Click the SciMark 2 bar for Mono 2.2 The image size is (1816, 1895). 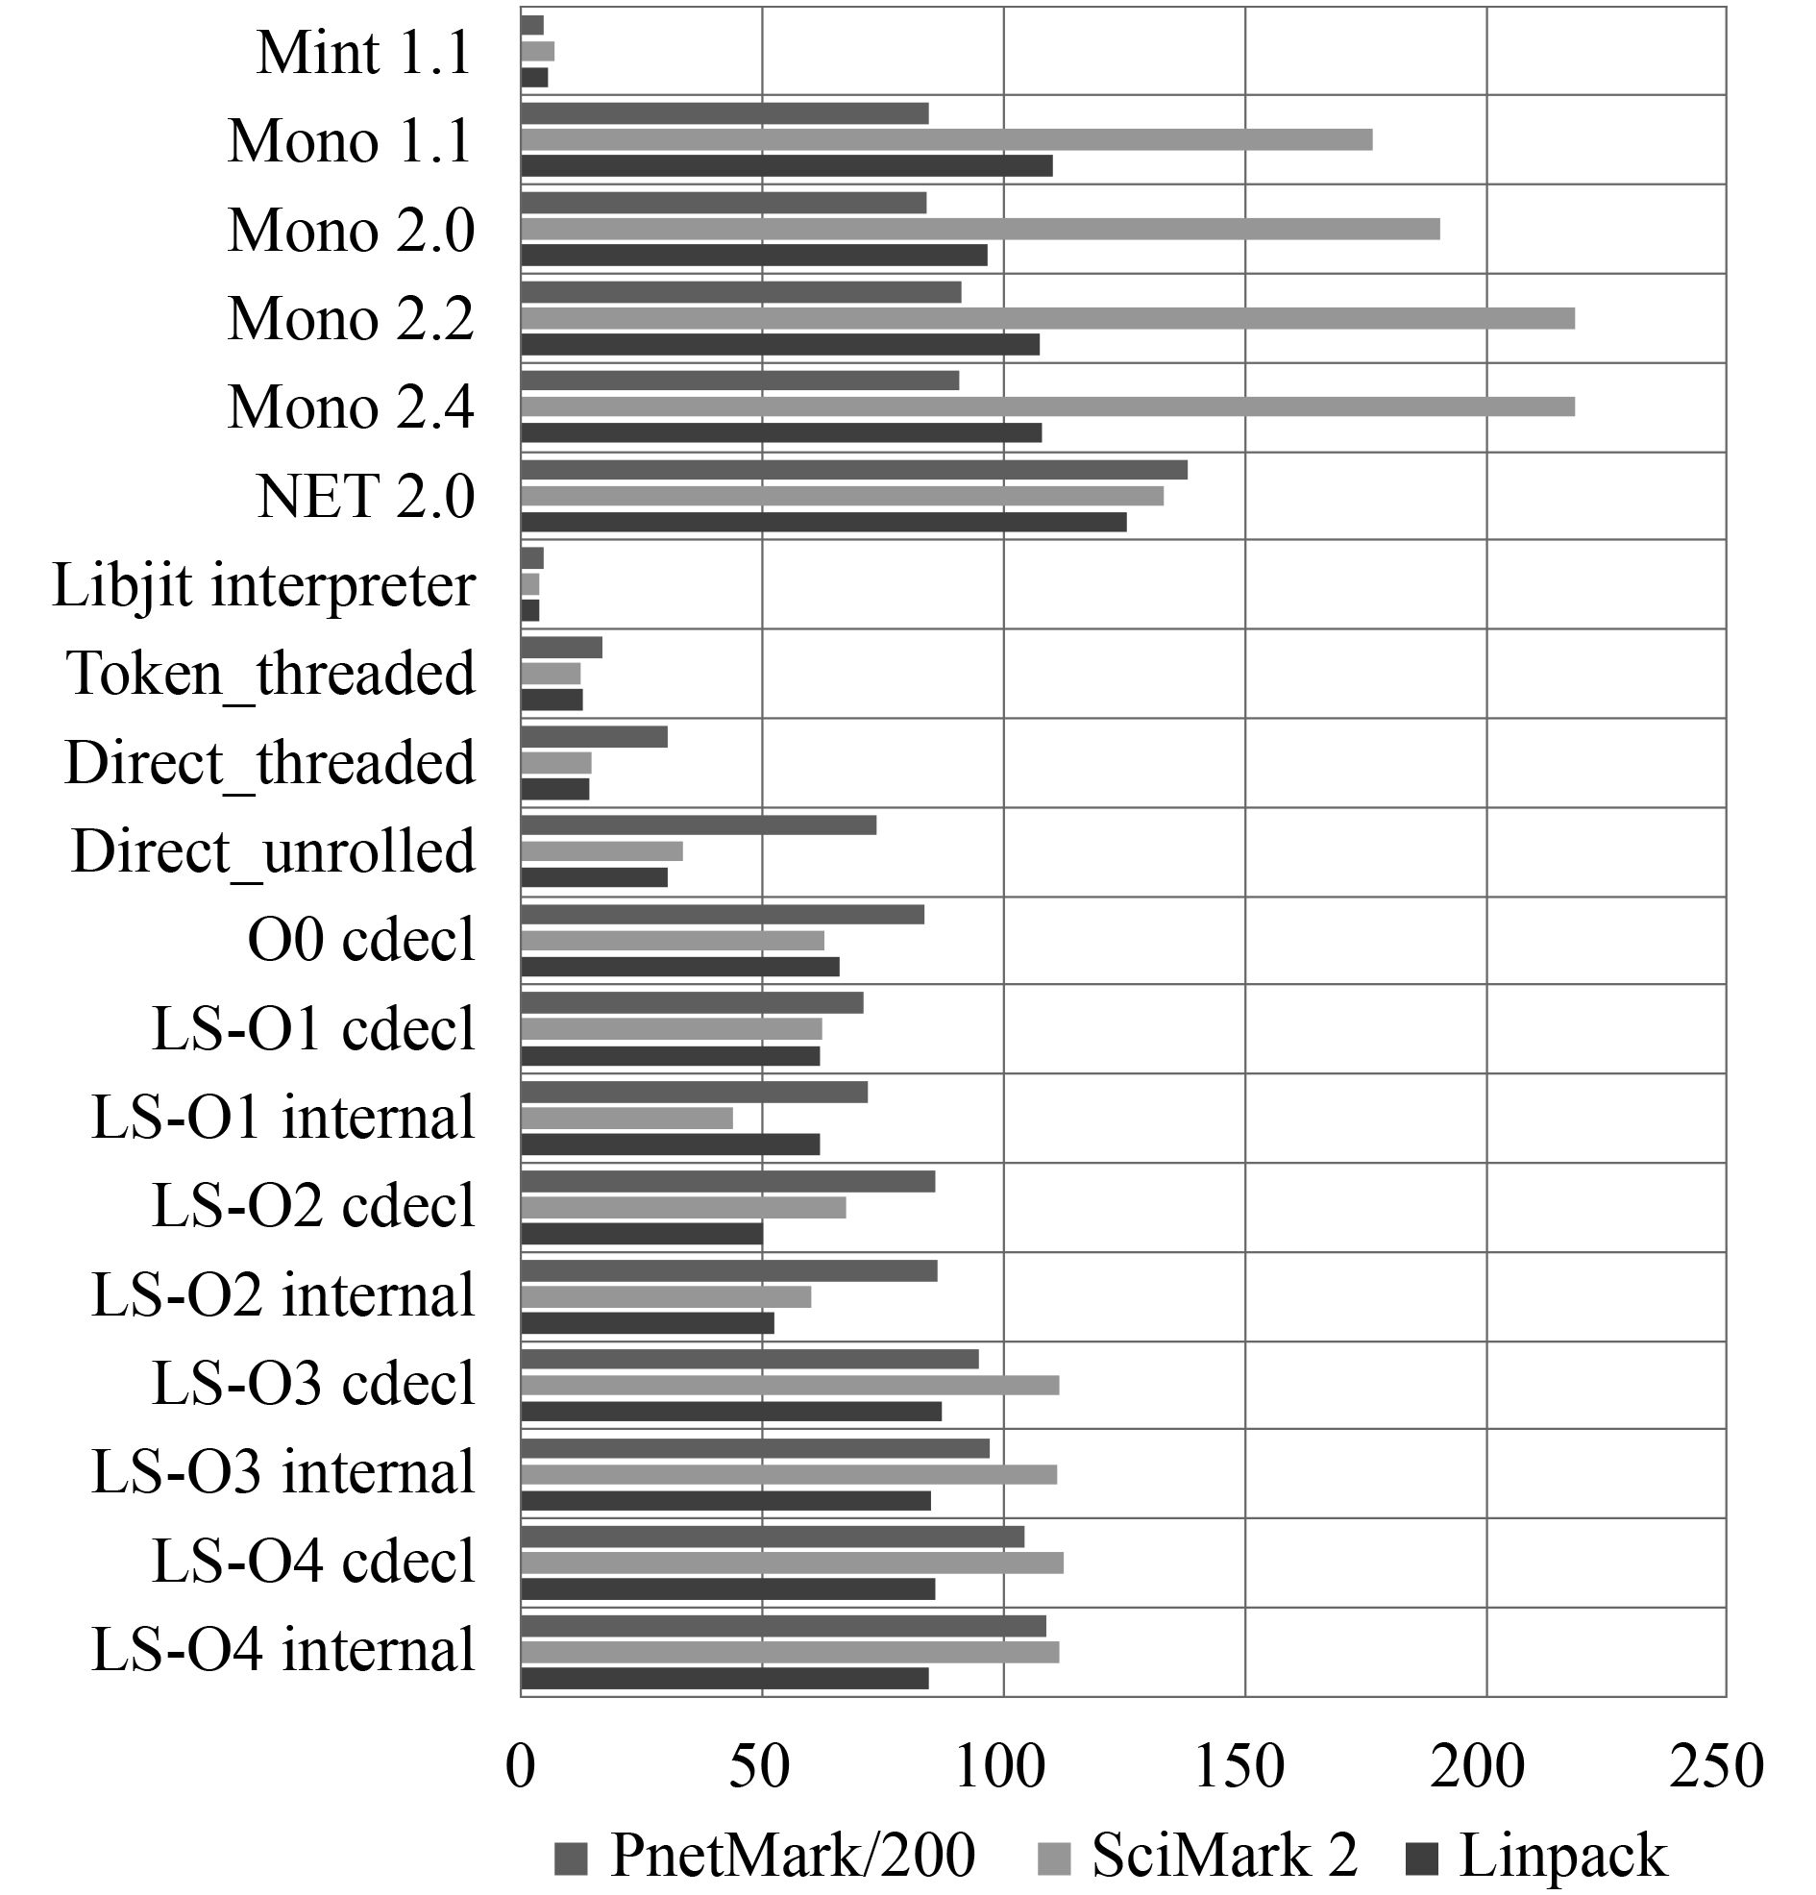point(1046,318)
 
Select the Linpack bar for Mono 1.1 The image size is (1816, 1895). point(786,165)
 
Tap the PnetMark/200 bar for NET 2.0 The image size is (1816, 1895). point(853,470)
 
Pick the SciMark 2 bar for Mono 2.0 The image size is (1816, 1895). point(979,229)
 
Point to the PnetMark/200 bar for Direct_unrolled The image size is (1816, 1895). point(699,824)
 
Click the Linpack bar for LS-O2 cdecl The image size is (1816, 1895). point(641,1234)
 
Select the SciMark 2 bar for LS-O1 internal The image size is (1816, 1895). point(626,1118)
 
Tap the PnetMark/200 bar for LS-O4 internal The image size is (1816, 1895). point(783,1626)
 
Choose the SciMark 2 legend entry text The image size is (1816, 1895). point(1224,1856)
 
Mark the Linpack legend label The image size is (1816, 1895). point(1562,1856)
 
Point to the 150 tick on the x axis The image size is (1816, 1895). point(1239,1765)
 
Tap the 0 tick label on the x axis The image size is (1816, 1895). point(520,1765)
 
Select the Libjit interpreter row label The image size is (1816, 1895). point(263,585)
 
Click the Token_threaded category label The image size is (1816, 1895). point(271,673)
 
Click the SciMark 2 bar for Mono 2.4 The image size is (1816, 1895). point(1046,406)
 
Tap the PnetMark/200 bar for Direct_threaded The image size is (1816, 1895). point(594,737)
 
